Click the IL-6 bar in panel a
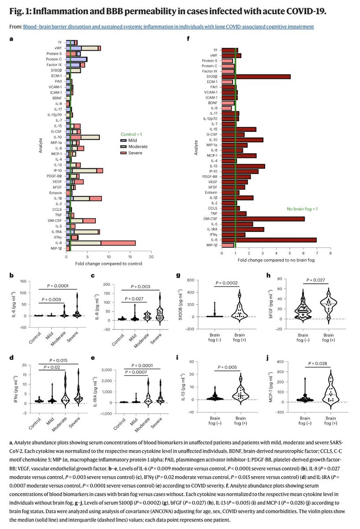click(x=101, y=242)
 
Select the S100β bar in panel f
click(x=256, y=76)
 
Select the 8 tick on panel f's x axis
click(x=330, y=253)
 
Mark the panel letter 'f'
click(x=188, y=39)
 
